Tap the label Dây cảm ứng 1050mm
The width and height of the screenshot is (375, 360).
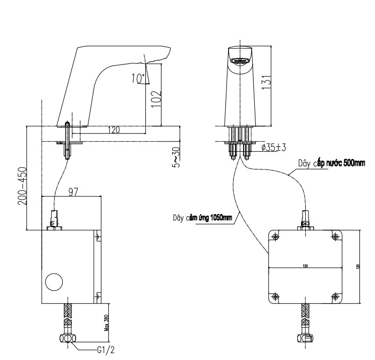[x=202, y=217]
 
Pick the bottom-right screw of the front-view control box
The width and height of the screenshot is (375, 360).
[x=335, y=295]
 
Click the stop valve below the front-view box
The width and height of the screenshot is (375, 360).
[x=305, y=338]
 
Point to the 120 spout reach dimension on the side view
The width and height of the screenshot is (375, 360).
[x=114, y=130]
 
